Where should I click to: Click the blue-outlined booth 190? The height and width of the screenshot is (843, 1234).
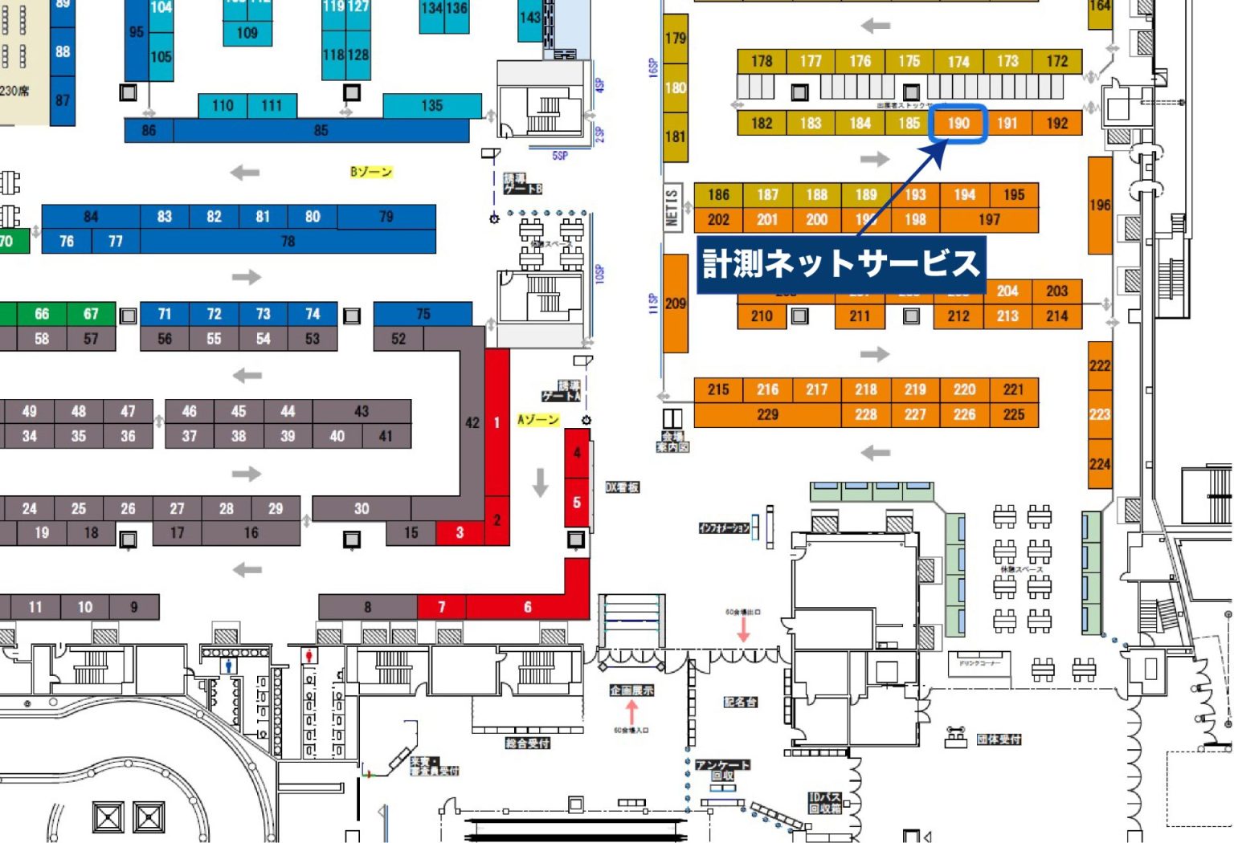pos(958,124)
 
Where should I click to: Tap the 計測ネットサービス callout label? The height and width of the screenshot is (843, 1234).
pos(840,263)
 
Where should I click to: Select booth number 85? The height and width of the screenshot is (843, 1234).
pos(321,131)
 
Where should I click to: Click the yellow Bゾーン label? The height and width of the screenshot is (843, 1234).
pos(370,172)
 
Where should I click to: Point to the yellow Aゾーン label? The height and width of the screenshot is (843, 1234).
pos(537,420)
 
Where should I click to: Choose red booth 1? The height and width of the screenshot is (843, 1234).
pos(497,422)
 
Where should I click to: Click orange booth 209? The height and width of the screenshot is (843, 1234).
pos(675,303)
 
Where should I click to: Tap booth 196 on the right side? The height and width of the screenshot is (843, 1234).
pos(1100,206)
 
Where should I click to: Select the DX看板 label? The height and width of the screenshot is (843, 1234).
pos(622,487)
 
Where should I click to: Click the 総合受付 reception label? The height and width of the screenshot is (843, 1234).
pos(527,743)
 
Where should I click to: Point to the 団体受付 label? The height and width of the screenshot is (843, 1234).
pos(999,739)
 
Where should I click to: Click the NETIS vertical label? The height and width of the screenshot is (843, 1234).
pos(672,208)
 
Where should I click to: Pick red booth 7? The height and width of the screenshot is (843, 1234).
pos(441,607)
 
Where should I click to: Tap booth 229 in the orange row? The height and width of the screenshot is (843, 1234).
pos(767,415)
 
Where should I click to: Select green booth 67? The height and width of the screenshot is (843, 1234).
pos(91,314)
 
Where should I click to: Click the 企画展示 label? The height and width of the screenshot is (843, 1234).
pos(631,690)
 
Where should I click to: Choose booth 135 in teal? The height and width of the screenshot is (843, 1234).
pos(431,105)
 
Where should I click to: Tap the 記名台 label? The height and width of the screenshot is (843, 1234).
pos(740,702)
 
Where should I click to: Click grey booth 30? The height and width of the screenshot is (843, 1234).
pos(362,509)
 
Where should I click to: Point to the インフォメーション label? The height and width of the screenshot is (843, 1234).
pos(724,527)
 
